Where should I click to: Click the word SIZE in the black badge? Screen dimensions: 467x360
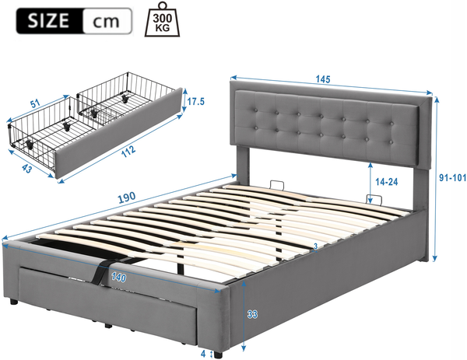pyautogui.click(x=48, y=20)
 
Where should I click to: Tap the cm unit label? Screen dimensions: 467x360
pyautogui.click(x=106, y=22)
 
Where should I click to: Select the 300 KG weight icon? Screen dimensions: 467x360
pyautogui.click(x=163, y=19)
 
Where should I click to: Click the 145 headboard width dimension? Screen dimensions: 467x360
pyautogui.click(x=323, y=79)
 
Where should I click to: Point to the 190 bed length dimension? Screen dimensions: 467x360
pyautogui.click(x=127, y=197)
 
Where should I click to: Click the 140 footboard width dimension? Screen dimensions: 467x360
pyautogui.click(x=118, y=278)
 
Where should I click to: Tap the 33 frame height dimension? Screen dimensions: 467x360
pyautogui.click(x=252, y=314)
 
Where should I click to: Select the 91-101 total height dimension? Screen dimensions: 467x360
pyautogui.click(x=453, y=177)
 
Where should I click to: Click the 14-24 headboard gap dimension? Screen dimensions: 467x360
pyautogui.click(x=386, y=181)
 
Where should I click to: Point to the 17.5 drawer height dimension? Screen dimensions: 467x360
pyautogui.click(x=195, y=101)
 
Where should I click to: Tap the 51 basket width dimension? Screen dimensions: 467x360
pyautogui.click(x=36, y=104)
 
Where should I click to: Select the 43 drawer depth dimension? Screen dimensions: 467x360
pyautogui.click(x=26, y=170)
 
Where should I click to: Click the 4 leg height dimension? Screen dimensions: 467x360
pyautogui.click(x=203, y=354)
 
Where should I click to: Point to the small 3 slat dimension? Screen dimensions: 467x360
pyautogui.click(x=315, y=246)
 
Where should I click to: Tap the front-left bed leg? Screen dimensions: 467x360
pyautogui.click(x=13, y=302)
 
